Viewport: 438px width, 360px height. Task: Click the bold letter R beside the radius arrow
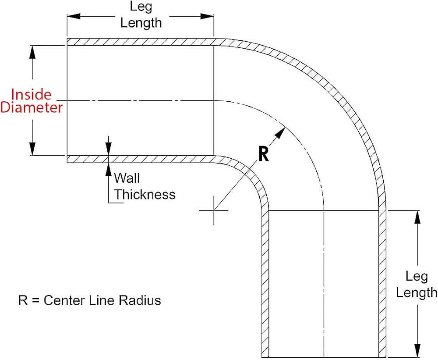pos(263,154)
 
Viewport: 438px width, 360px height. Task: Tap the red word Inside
pos(31,95)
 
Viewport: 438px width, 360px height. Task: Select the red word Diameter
pos(32,107)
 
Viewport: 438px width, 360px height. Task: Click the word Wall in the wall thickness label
pos(127,178)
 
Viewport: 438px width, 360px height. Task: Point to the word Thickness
pos(145,194)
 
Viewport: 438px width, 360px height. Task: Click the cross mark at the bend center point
pos(214,210)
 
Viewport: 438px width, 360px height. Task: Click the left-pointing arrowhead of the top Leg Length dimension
pos(74,16)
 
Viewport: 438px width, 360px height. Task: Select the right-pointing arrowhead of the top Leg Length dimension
pos(207,16)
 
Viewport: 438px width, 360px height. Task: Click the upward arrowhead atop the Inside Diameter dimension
pos(33,52)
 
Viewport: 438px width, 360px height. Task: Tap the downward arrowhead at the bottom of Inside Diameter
pos(33,149)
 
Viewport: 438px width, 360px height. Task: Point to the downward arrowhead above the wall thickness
pos(108,149)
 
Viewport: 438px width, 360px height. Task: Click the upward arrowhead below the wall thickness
pos(108,169)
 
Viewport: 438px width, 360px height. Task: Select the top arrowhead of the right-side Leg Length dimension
pos(417,217)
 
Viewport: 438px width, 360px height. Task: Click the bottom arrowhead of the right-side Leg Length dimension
pos(417,350)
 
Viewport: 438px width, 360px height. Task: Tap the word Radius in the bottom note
pos(140,300)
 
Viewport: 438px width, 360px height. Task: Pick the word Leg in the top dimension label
pos(141,7)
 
